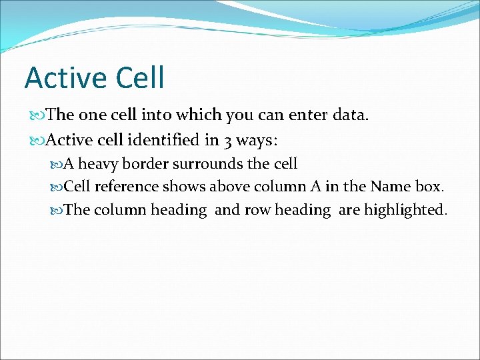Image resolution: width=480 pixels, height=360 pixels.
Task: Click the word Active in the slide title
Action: pyautogui.click(x=65, y=77)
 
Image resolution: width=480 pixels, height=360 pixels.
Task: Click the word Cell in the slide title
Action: pyautogui.click(x=139, y=77)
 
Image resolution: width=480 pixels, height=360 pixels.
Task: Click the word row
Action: pyautogui.click(x=257, y=210)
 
